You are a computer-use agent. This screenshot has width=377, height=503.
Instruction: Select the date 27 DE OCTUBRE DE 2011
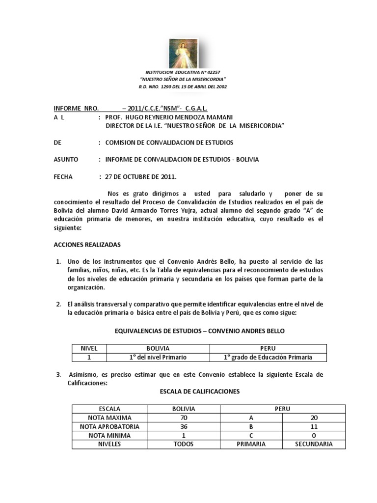pyautogui.click(x=140, y=177)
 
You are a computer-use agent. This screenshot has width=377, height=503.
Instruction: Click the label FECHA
pyautogui.click(x=63, y=177)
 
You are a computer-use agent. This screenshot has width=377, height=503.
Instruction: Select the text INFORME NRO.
pyautogui.click(x=76, y=108)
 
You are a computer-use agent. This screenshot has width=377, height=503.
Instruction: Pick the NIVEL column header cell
pyautogui.click(x=89, y=348)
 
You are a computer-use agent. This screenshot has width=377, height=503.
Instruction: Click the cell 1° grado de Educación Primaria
pyautogui.click(x=268, y=357)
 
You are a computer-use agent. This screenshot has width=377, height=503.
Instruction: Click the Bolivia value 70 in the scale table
pyautogui.click(x=184, y=418)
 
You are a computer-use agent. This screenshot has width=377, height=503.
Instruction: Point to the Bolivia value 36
pyautogui.click(x=184, y=426)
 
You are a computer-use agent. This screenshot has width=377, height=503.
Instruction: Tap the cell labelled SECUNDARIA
pyautogui.click(x=314, y=444)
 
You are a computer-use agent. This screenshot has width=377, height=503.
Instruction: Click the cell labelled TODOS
pyautogui.click(x=184, y=444)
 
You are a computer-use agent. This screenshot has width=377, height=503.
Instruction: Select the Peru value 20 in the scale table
pyautogui.click(x=314, y=418)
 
